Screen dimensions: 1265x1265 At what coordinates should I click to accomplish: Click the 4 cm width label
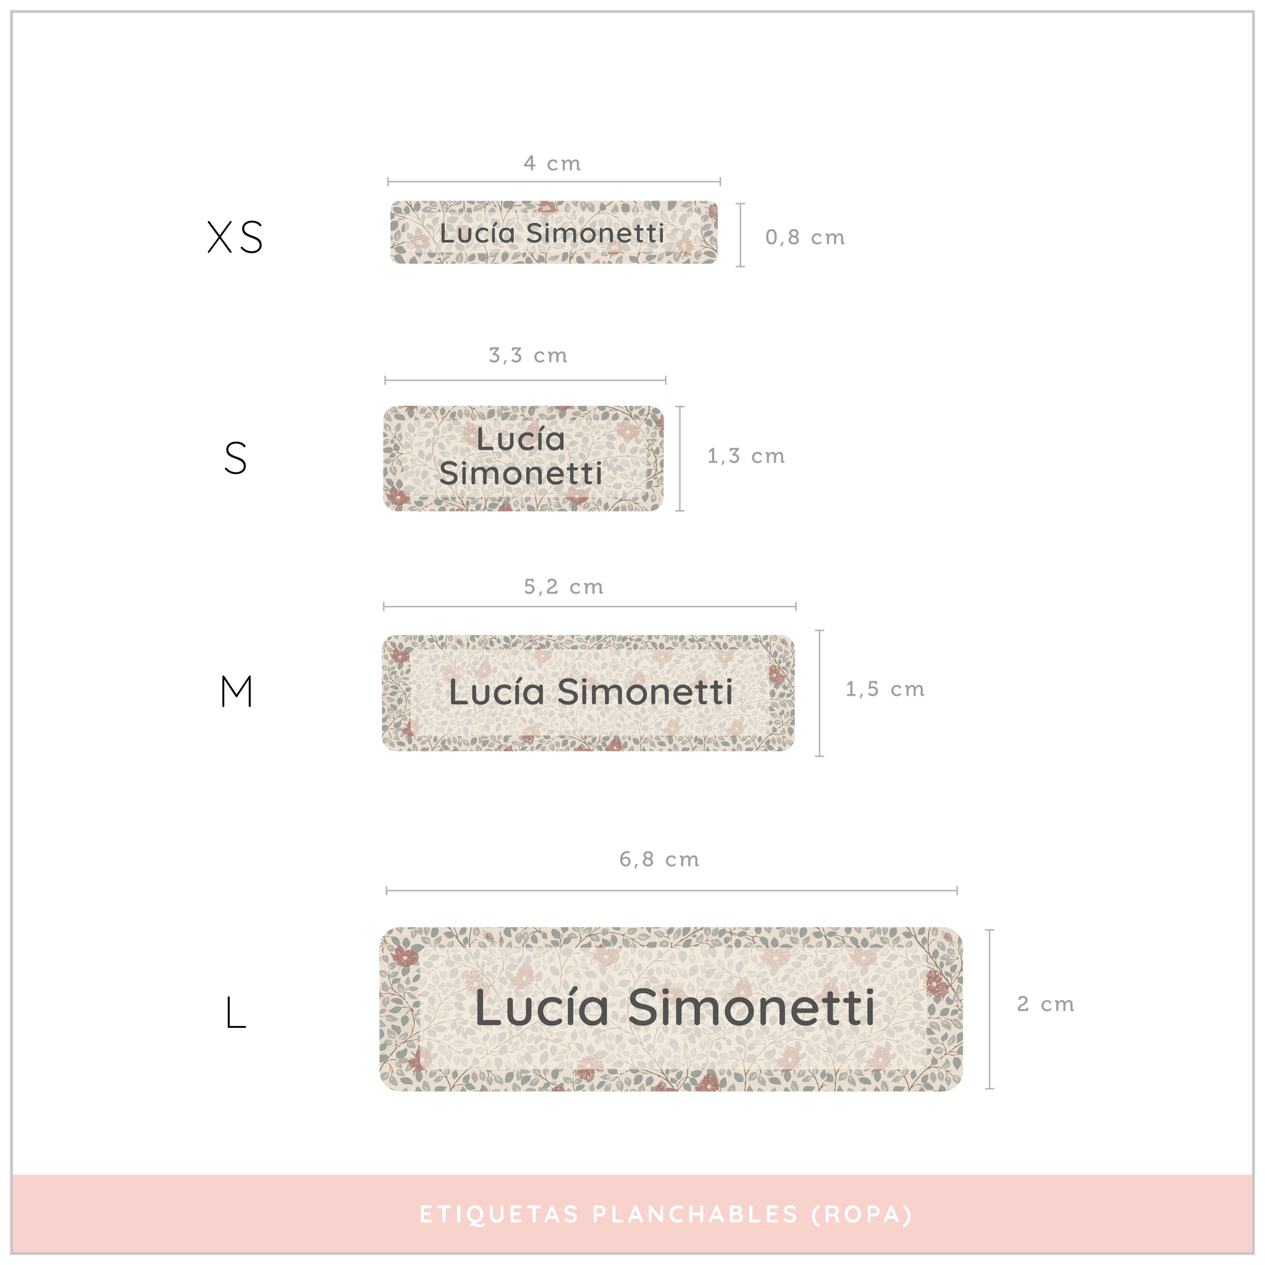coord(552,163)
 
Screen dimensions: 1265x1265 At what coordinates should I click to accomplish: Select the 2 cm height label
coord(1045,1004)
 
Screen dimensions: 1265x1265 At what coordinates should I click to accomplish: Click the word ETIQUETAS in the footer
coord(499,1214)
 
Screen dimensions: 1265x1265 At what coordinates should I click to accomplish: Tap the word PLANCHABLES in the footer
coord(696,1214)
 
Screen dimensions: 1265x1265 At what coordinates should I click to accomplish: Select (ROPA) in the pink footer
coord(862,1214)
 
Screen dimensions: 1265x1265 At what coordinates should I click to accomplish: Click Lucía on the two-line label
coord(521,439)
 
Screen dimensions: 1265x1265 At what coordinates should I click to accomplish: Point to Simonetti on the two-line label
coord(521,473)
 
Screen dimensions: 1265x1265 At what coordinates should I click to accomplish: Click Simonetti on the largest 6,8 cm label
coord(751,1007)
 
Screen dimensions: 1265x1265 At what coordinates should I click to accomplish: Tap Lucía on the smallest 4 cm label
coord(477,233)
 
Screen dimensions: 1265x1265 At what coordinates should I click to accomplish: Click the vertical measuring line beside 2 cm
coord(990,1009)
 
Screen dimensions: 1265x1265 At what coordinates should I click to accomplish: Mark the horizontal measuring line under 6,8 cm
coord(672,891)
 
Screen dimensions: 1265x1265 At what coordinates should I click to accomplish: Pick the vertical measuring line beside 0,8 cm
coord(741,235)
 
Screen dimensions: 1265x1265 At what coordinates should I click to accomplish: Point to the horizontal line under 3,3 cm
coord(525,380)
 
